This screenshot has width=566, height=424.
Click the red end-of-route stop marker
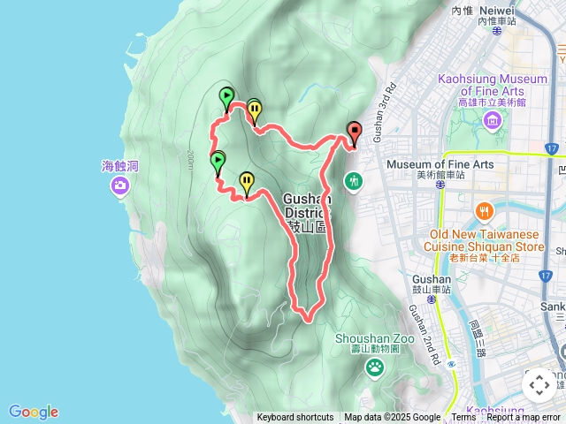pos(355,132)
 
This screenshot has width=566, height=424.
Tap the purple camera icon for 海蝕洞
pos(119,185)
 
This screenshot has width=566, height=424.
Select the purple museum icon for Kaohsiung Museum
pos(493,120)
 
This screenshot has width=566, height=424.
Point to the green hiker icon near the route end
pos(354,181)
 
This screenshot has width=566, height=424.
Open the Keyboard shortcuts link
pos(295,418)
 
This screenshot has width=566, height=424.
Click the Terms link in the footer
pos(463,418)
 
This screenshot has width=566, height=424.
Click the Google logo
pos(34,412)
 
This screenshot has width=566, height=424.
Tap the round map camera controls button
pos(539,385)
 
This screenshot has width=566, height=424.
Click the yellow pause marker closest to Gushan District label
pos(247,182)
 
